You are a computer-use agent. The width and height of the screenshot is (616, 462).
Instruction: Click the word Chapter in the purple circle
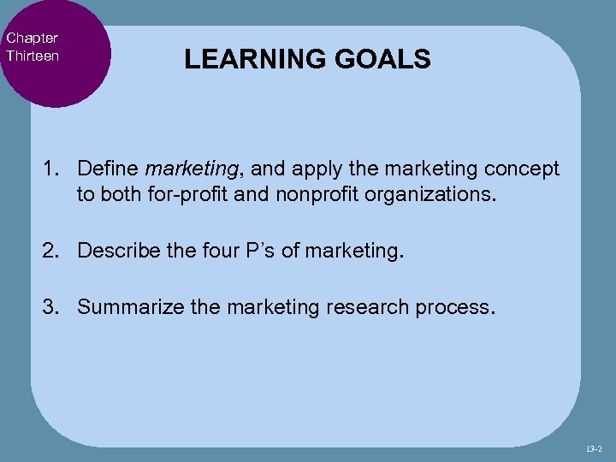(x=32, y=38)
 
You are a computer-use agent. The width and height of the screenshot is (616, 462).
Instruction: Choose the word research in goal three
(x=360, y=307)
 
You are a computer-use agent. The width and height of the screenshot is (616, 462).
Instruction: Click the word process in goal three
(x=450, y=307)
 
